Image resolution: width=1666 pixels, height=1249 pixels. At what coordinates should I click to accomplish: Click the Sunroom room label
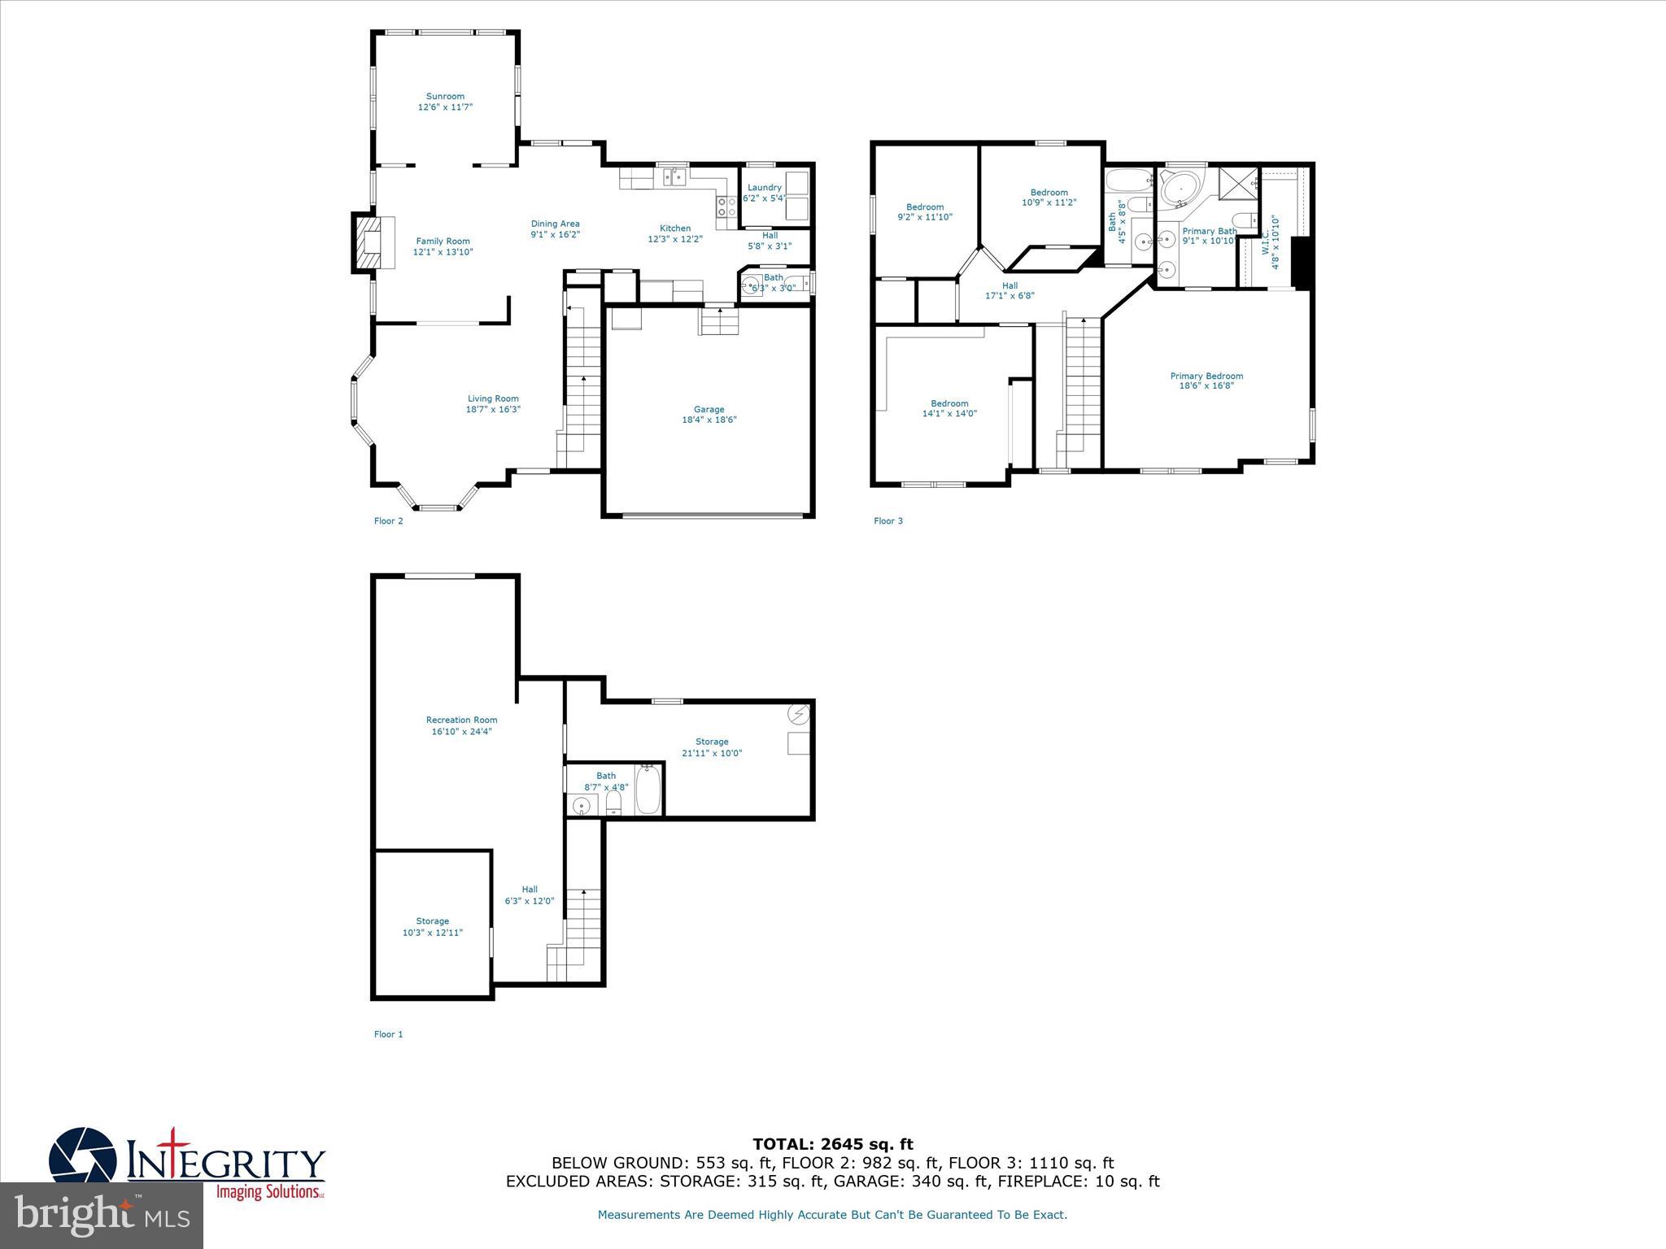click(x=445, y=96)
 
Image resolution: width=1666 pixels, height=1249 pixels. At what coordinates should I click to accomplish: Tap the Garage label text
click(x=709, y=410)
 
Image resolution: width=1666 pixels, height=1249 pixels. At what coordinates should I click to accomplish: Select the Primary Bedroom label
click(x=1206, y=376)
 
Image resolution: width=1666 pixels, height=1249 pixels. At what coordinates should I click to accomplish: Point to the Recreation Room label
click(x=461, y=720)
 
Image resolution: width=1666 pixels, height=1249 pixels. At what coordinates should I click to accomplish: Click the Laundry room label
click(x=764, y=188)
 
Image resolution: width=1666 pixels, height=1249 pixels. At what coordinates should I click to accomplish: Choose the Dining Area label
click(x=555, y=224)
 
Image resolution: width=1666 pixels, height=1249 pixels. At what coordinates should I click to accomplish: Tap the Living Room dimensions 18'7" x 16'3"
click(x=493, y=410)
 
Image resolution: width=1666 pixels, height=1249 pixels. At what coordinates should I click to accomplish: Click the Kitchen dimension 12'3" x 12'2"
click(x=674, y=240)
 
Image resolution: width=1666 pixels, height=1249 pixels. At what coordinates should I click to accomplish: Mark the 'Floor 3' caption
click(x=888, y=521)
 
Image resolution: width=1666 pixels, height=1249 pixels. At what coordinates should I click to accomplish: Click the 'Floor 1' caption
click(x=388, y=1034)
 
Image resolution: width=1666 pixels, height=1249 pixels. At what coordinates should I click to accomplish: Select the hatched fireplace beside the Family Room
click(x=368, y=242)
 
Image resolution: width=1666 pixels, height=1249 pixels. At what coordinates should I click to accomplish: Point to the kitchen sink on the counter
click(x=674, y=176)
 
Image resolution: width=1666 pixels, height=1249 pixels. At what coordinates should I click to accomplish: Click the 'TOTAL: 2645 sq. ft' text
click(x=832, y=1144)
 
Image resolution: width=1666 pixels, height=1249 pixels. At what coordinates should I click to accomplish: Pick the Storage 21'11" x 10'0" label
click(x=712, y=747)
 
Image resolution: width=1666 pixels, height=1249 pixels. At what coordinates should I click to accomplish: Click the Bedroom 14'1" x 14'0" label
click(x=949, y=408)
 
